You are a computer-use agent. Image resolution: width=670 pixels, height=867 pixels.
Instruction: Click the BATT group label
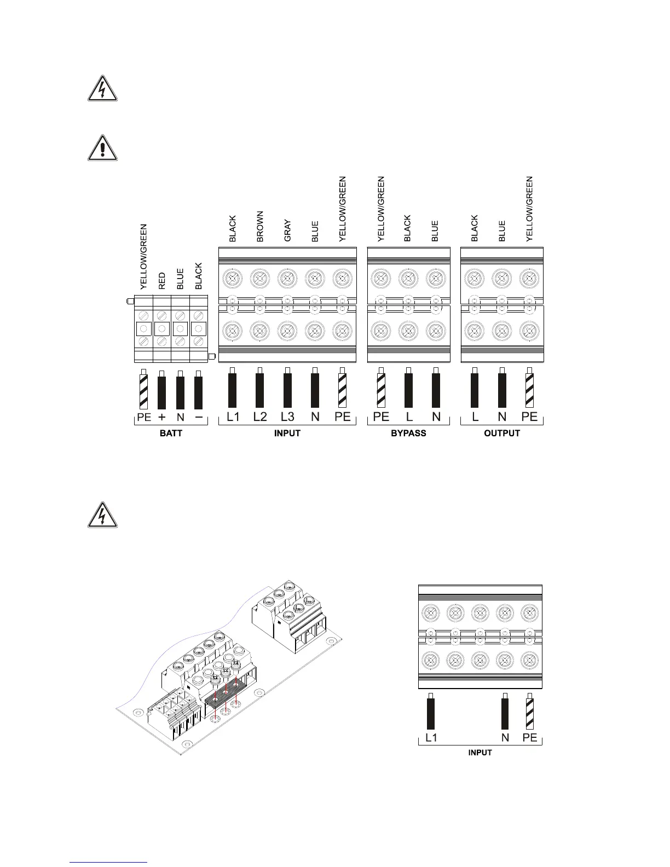[171, 433]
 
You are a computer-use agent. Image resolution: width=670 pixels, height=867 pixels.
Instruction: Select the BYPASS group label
[408, 433]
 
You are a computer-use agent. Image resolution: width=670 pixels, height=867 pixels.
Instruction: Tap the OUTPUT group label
[502, 433]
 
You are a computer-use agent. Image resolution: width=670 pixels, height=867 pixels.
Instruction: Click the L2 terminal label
[260, 417]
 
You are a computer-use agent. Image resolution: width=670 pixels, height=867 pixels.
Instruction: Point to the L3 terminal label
[287, 417]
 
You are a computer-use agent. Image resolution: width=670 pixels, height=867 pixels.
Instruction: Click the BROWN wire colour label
[260, 227]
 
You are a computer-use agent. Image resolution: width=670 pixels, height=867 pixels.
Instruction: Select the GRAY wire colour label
[287, 231]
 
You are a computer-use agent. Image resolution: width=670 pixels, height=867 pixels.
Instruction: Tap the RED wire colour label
[162, 281]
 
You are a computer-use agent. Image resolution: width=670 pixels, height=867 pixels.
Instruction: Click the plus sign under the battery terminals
[162, 417]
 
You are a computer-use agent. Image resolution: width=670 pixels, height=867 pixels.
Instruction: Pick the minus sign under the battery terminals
[199, 417]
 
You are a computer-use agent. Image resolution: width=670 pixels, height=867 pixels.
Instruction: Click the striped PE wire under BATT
[144, 390]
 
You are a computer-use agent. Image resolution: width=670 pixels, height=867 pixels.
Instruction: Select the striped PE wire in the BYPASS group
[381, 388]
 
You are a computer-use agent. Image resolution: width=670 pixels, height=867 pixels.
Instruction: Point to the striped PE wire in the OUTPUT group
[529, 388]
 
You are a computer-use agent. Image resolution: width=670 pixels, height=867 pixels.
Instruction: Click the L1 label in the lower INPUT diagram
[431, 738]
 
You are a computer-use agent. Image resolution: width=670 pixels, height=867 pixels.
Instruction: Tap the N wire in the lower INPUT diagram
[505, 712]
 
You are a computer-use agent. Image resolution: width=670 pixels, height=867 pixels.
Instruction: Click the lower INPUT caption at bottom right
[480, 753]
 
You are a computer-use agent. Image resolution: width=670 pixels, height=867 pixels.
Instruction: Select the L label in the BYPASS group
[408, 417]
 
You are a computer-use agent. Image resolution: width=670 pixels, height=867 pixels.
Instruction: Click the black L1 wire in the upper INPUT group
[233, 388]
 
